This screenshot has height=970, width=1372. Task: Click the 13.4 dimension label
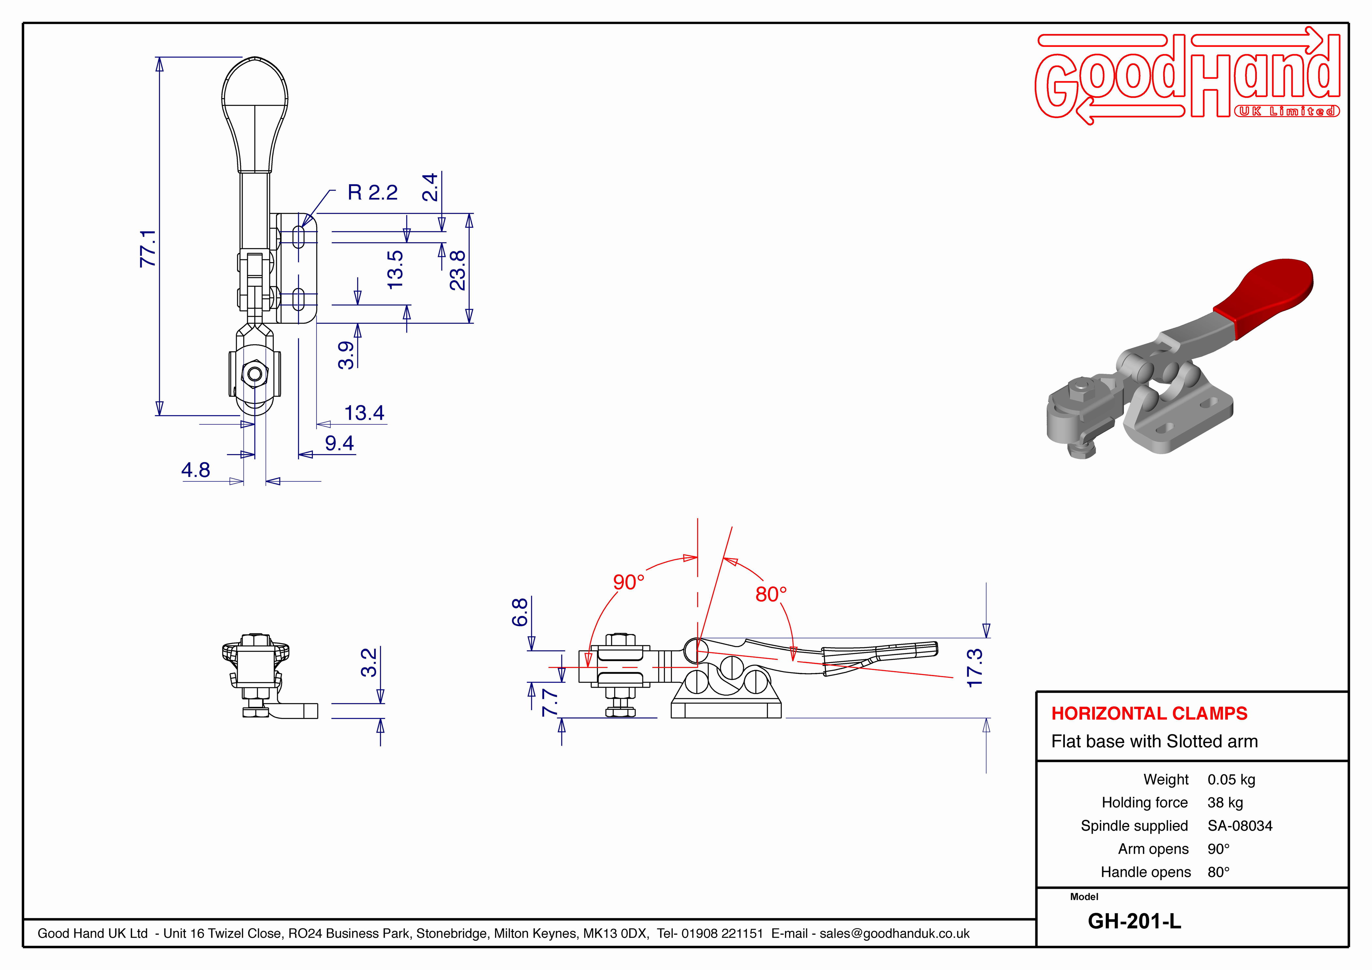364,413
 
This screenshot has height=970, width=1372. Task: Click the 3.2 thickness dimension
369,662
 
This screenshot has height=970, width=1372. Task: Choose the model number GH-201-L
1134,921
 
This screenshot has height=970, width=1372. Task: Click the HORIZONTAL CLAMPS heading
1149,713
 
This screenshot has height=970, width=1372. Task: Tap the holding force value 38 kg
1225,803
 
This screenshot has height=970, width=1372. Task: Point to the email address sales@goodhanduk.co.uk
894,933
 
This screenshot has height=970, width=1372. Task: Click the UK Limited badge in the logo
1287,111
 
